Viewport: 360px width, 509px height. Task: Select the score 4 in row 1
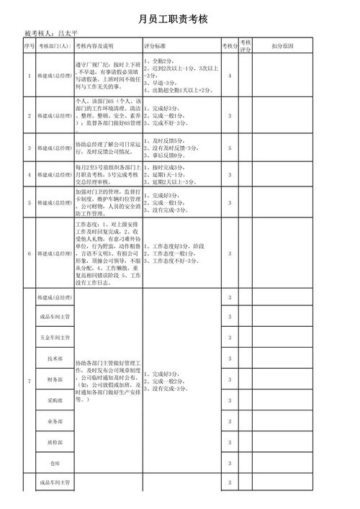(230, 76)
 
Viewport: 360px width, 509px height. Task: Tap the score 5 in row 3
(230, 148)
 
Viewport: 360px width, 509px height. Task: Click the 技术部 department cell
(55, 358)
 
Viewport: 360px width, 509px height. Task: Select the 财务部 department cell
(55, 379)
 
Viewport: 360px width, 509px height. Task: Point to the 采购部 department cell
(55, 400)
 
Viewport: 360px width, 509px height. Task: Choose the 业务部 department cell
(55, 421)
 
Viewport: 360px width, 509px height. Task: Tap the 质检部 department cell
(55, 442)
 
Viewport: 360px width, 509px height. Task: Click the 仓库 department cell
(55, 463)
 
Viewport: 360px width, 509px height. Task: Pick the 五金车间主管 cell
(55, 337)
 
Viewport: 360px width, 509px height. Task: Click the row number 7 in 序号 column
(29, 380)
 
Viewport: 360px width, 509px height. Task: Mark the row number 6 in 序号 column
(29, 253)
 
